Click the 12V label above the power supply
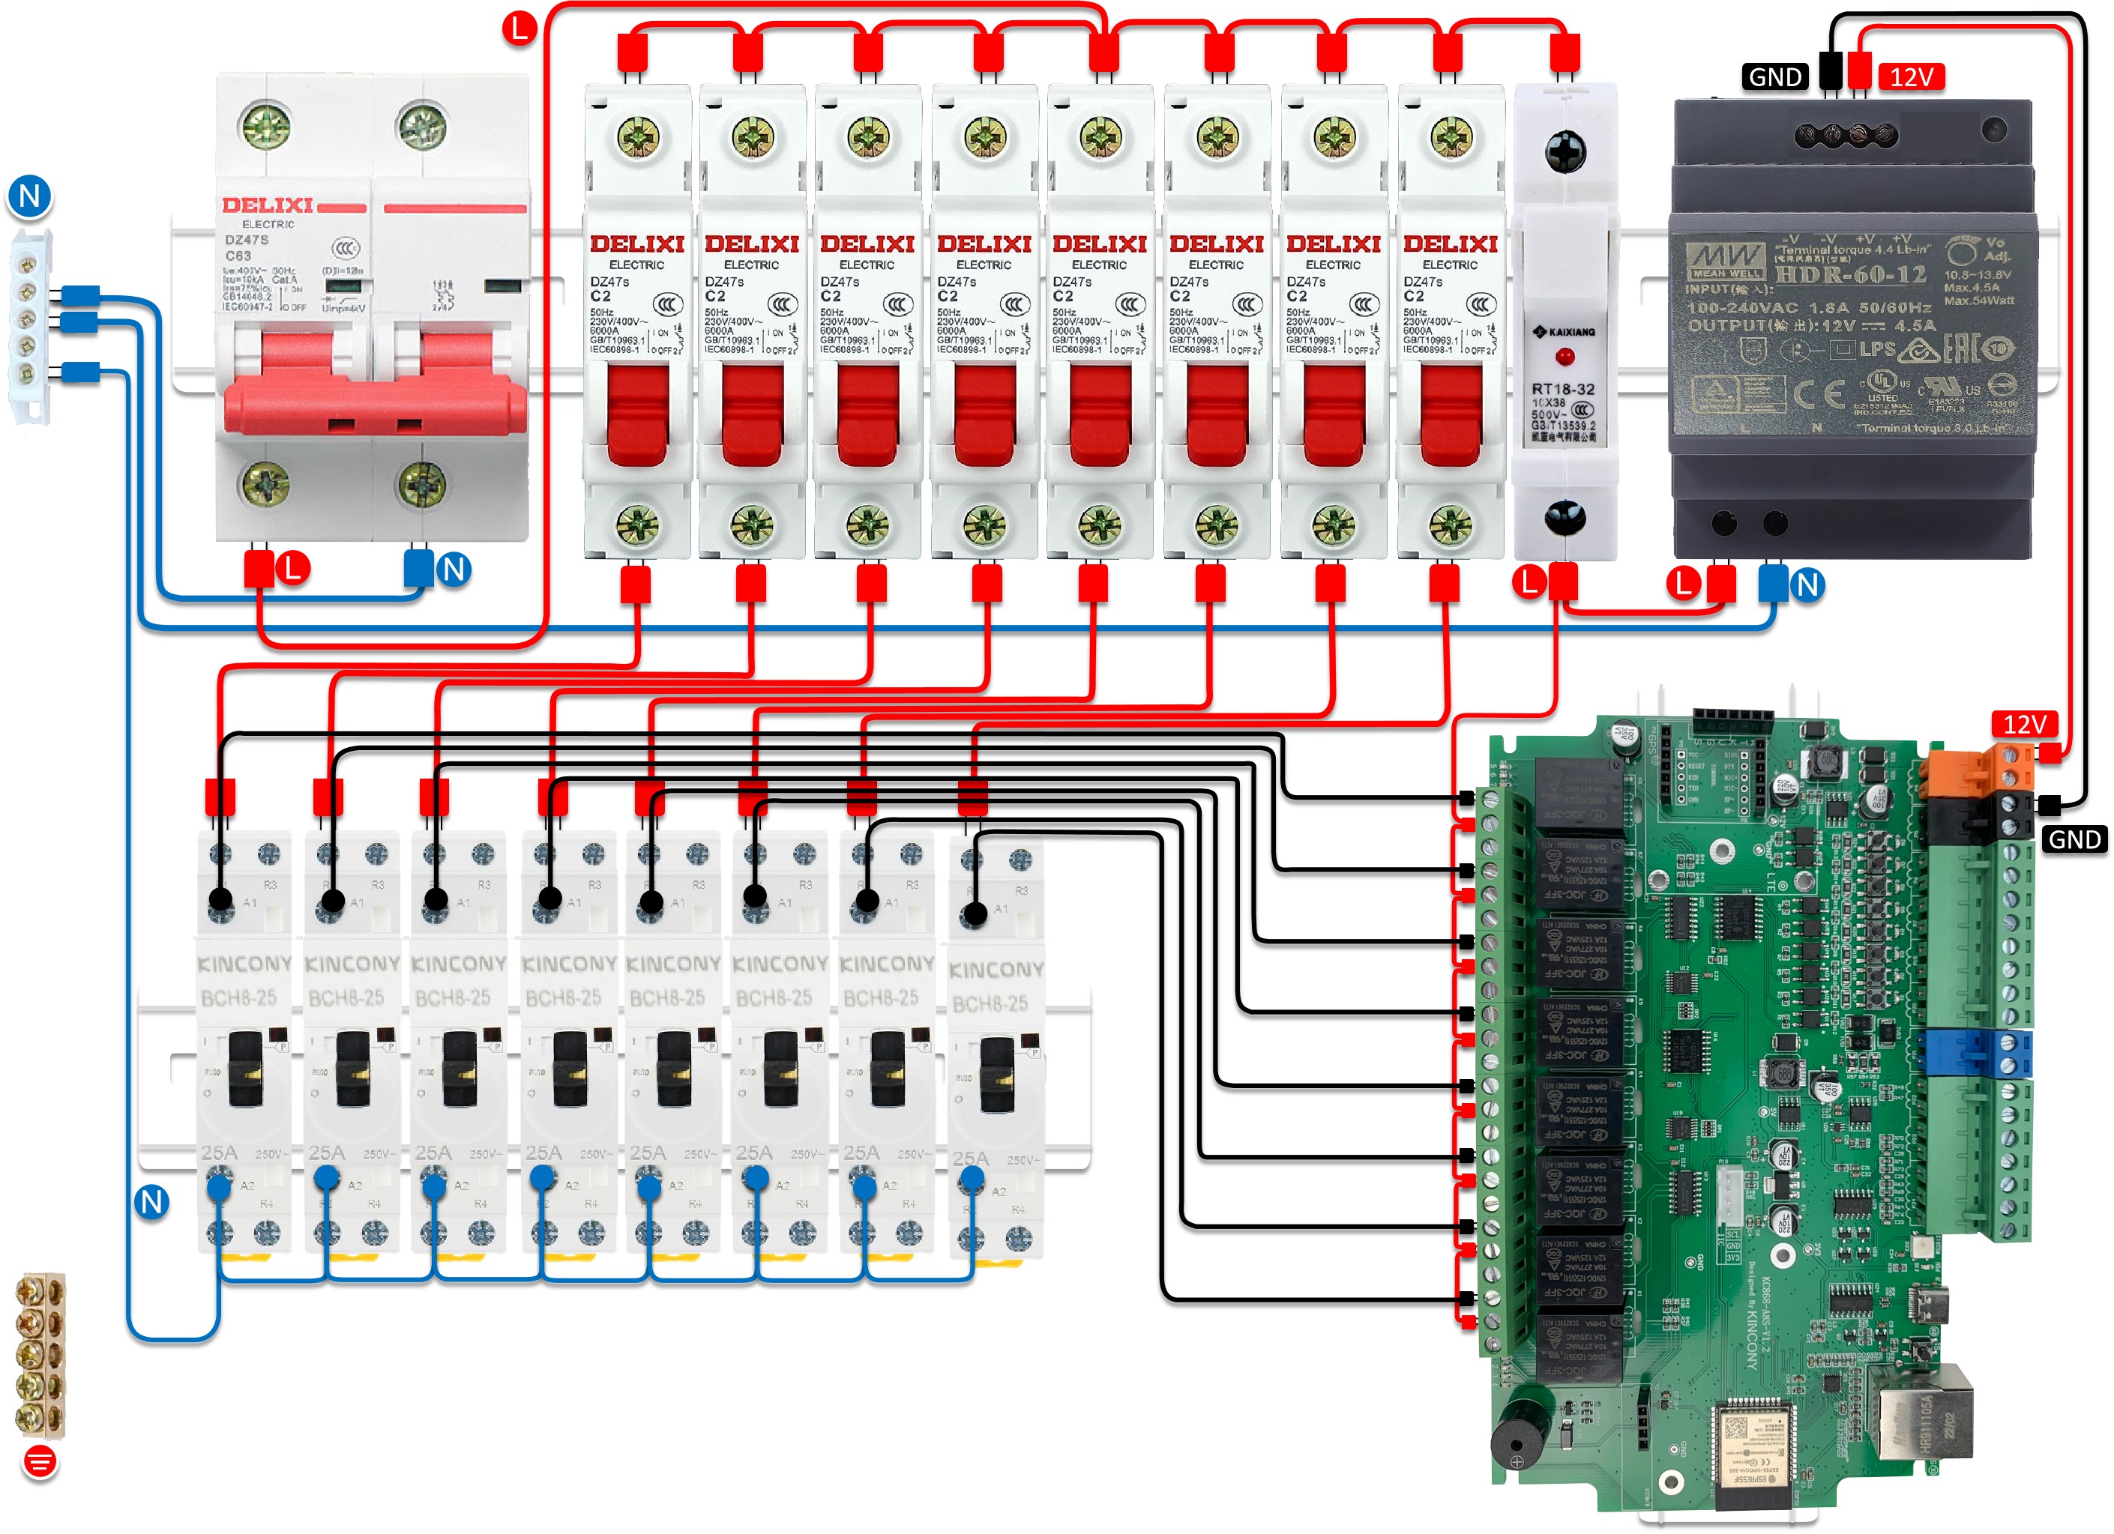(1911, 77)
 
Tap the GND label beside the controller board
(2074, 840)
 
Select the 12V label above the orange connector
(2025, 724)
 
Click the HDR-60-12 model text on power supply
(1849, 274)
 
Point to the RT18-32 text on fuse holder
(1563, 389)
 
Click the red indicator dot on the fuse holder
(1565, 356)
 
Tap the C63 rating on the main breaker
(238, 256)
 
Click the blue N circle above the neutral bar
(30, 196)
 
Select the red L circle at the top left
(520, 27)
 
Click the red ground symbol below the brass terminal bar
(39, 1461)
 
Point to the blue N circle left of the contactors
(152, 1202)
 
